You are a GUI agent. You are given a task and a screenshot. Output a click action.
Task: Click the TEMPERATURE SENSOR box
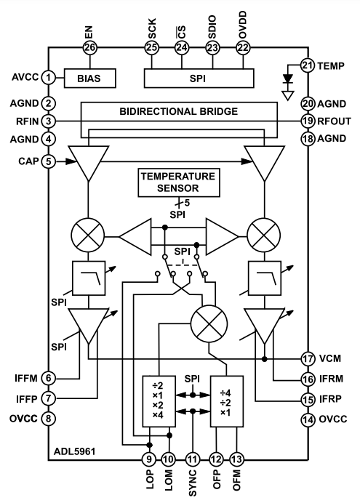(x=179, y=182)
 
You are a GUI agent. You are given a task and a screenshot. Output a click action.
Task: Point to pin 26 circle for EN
(x=90, y=48)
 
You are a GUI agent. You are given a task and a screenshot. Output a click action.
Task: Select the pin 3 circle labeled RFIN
(x=49, y=121)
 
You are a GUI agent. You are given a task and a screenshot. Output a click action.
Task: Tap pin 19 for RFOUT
(x=308, y=121)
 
